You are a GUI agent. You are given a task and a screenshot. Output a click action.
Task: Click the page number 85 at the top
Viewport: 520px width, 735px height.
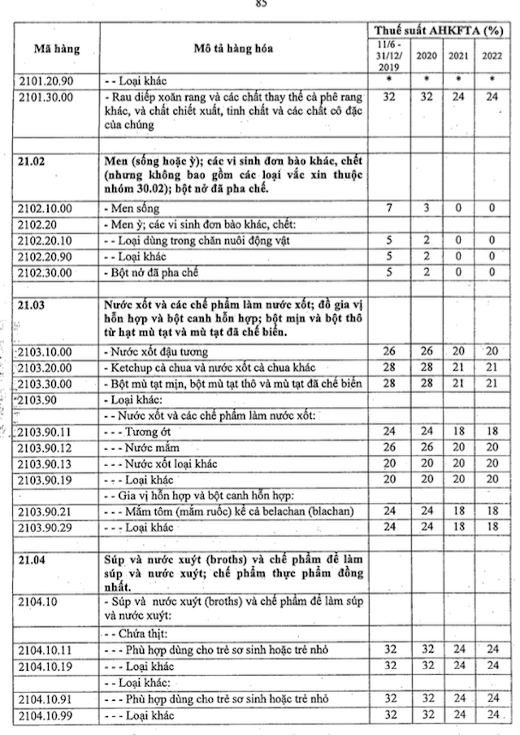pos(261,3)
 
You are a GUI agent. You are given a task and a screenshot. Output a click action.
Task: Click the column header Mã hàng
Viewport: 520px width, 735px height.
pos(56,49)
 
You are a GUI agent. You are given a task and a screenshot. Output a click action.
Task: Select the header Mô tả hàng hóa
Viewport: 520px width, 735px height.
pos(233,49)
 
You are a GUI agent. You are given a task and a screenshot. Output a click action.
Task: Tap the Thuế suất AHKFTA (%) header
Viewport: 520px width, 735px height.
pos(443,30)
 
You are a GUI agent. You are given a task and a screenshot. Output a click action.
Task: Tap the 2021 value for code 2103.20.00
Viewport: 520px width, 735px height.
pos(459,368)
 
